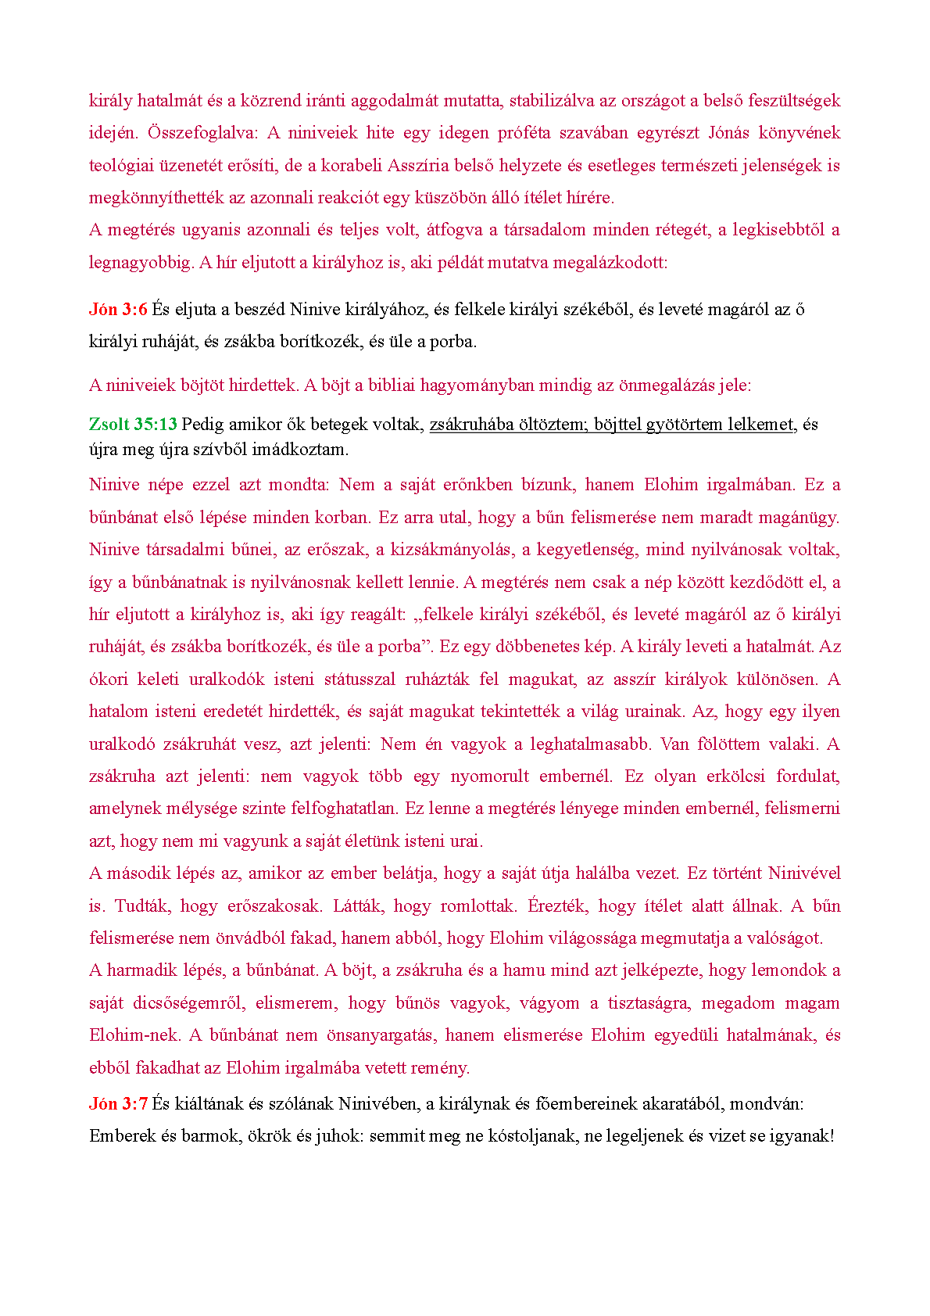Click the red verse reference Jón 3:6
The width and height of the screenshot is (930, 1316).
click(118, 310)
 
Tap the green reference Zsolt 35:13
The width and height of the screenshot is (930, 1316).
click(133, 425)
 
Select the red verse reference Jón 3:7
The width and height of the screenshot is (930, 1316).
click(118, 1103)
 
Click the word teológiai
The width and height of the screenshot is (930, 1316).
click(119, 165)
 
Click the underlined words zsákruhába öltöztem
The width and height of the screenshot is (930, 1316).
click(507, 425)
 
